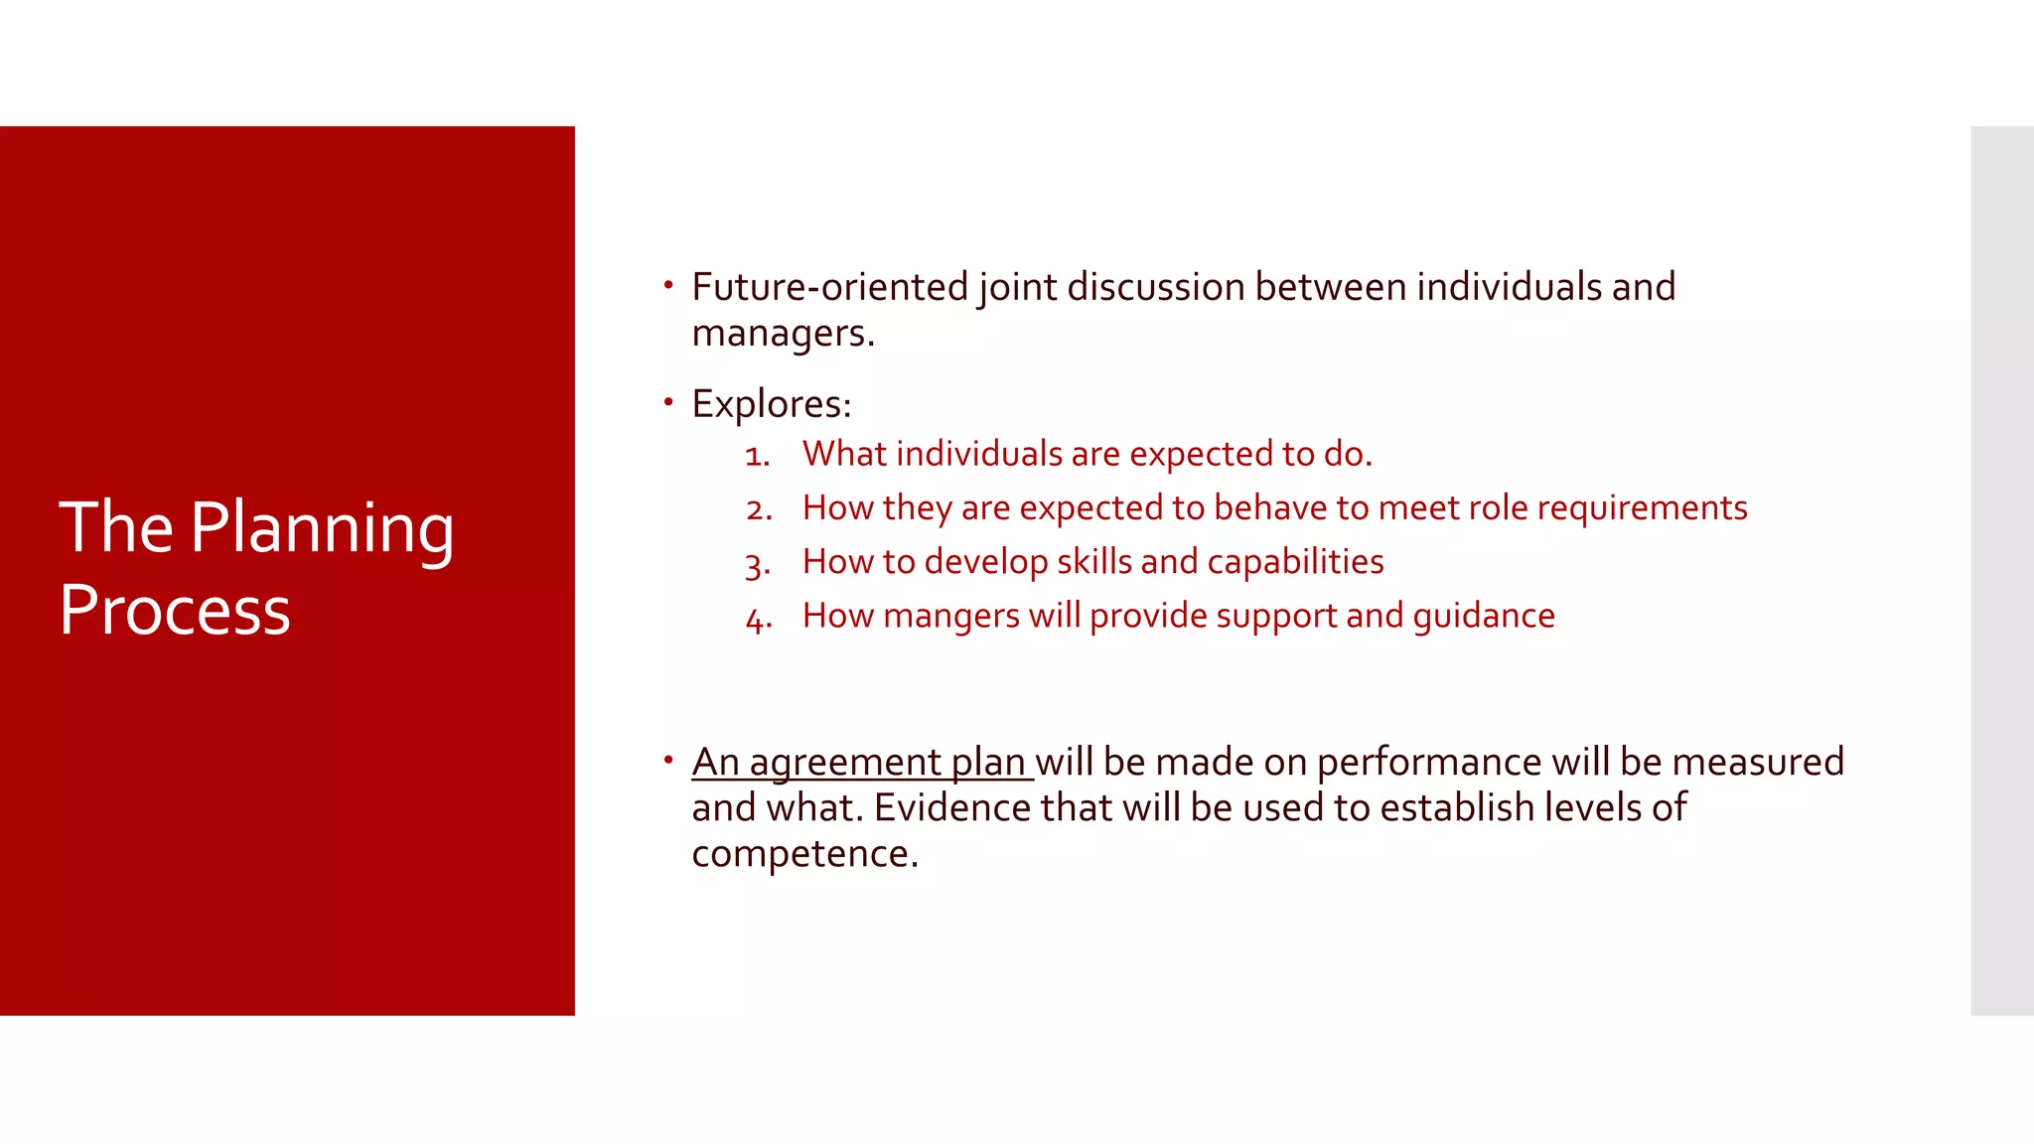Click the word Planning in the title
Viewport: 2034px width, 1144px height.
click(x=322, y=529)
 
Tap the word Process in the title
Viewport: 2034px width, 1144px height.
click(x=175, y=611)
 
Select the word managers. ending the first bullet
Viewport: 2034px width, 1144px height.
click(x=783, y=334)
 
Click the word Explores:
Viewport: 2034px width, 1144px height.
click(x=772, y=404)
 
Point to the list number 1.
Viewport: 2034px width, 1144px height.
click(x=757, y=456)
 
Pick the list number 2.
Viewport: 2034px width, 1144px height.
click(x=759, y=509)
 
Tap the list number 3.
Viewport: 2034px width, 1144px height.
click(x=758, y=564)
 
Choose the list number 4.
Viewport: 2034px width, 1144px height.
click(x=759, y=619)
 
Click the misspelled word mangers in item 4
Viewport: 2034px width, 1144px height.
click(x=950, y=616)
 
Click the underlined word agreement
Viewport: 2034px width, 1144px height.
click(x=845, y=763)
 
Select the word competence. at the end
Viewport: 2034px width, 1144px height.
click(x=804, y=854)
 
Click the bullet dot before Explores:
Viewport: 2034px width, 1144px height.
click(x=668, y=402)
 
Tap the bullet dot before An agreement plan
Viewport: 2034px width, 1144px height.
click(x=668, y=761)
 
